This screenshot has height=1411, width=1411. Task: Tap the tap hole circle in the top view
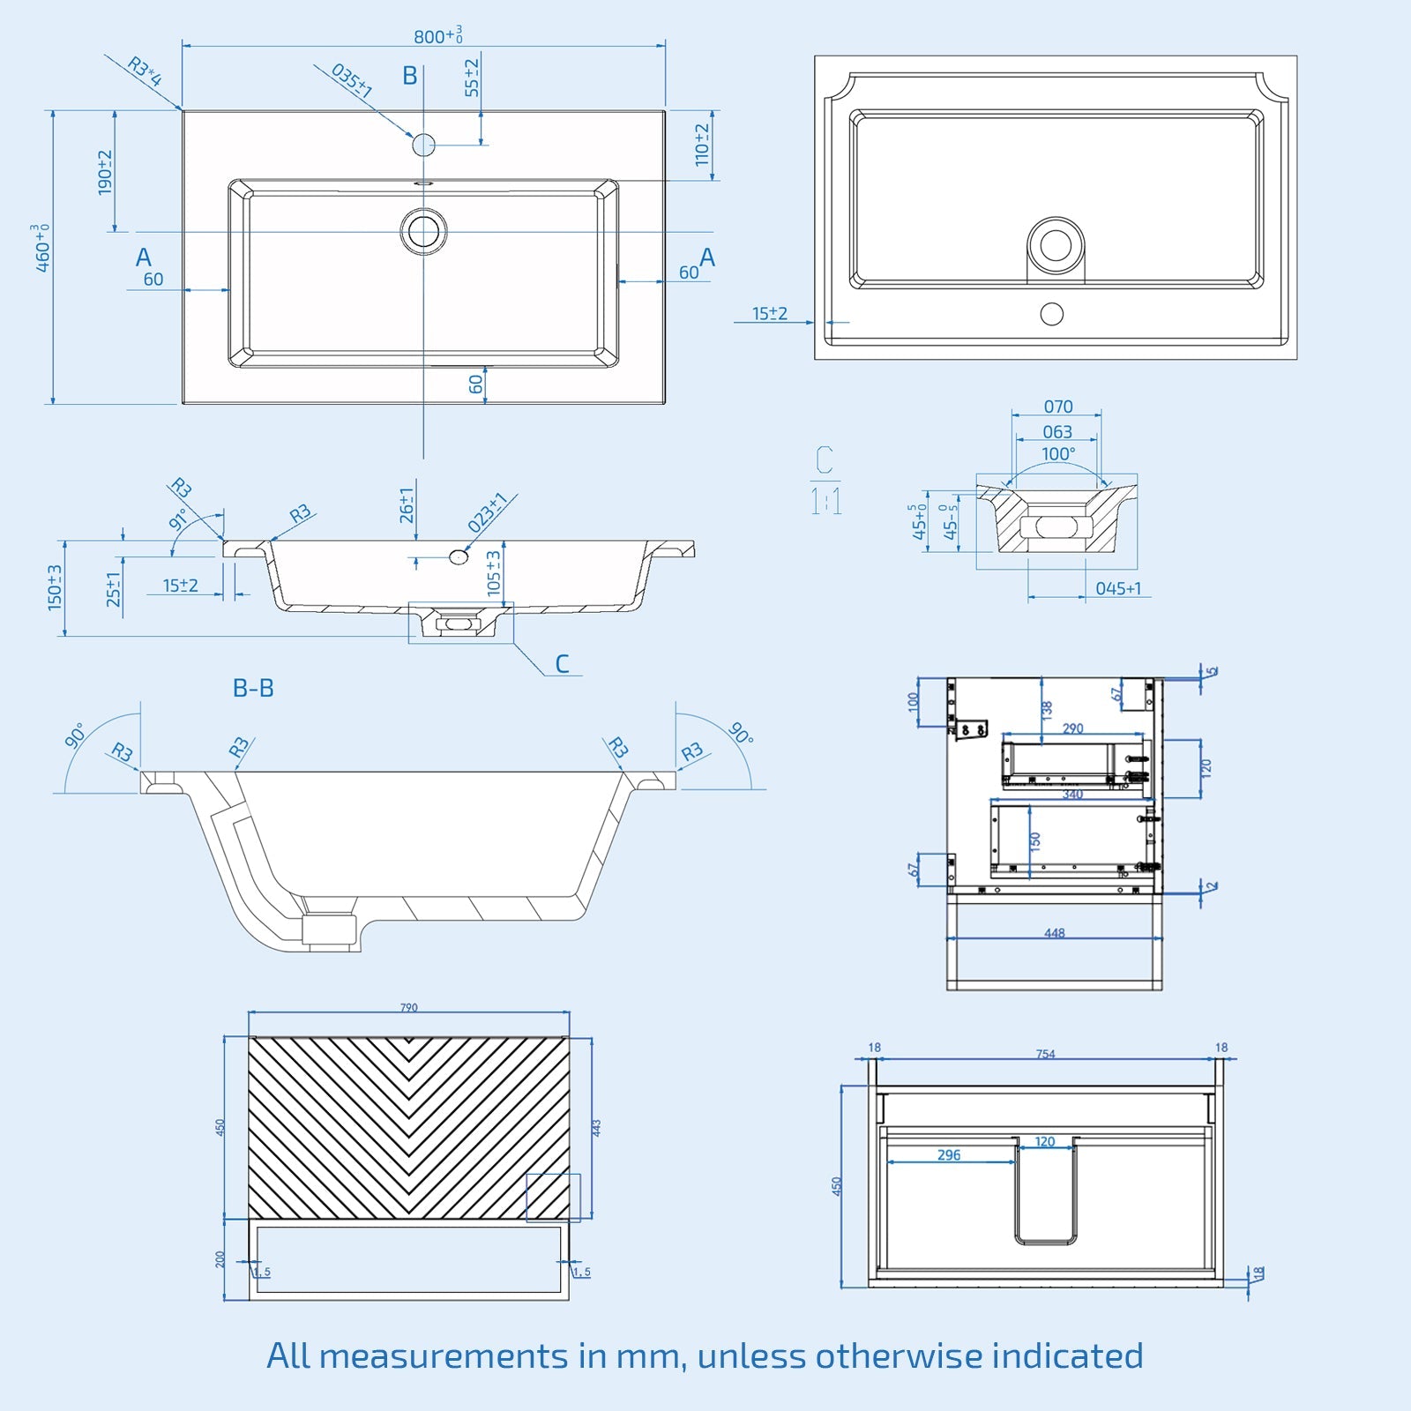tap(424, 145)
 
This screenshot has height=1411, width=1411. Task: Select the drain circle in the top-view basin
tap(424, 231)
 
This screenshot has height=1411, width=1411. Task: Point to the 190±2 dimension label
tap(105, 172)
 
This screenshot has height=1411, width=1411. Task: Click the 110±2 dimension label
tap(702, 145)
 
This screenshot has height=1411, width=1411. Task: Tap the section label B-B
tap(253, 688)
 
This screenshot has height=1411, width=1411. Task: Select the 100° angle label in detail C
tap(1058, 453)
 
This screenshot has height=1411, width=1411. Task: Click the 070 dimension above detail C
tap(1058, 407)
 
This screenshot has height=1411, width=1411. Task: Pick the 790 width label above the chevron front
tap(409, 1007)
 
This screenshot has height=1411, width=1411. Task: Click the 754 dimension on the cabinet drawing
tap(1045, 1054)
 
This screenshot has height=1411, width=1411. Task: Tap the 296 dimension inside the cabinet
tap(949, 1154)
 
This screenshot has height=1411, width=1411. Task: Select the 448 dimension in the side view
tap(1055, 932)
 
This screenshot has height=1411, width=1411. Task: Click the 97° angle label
tap(178, 519)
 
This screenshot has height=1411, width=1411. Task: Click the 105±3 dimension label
tap(494, 572)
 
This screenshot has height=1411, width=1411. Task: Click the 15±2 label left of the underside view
tap(770, 313)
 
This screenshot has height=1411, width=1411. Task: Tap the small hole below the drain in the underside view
tap(1051, 313)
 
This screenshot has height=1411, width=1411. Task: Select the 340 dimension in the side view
tap(1072, 795)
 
